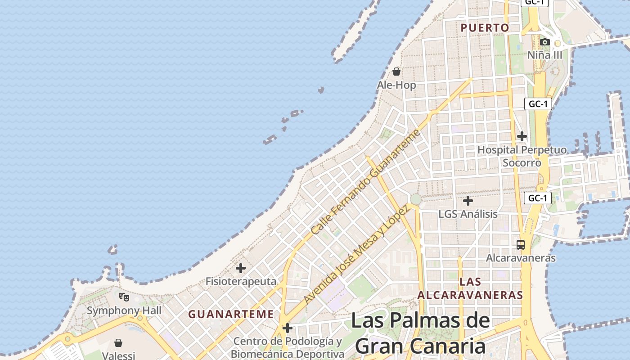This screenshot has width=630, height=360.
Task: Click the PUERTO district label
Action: tap(485, 28)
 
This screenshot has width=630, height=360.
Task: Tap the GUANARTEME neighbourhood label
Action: tap(231, 314)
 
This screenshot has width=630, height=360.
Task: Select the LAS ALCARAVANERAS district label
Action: tap(470, 288)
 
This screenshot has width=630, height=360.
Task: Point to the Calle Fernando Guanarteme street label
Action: tap(365, 182)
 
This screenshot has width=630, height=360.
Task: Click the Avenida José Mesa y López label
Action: tap(356, 254)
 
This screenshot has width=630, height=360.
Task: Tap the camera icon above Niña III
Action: tap(545, 42)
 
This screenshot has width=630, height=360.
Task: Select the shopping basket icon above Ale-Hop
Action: tap(396, 72)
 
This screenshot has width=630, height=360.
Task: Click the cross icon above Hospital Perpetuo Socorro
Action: tap(522, 136)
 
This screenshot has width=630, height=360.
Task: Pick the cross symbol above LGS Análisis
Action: tap(468, 200)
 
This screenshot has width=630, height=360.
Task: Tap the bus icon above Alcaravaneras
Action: tap(521, 245)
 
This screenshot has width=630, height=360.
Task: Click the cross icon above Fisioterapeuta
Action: tap(241, 268)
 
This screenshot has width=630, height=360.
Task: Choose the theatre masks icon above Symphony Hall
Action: tap(124, 297)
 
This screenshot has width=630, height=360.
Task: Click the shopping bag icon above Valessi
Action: tap(118, 343)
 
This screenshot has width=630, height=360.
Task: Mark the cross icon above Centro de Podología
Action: tap(288, 328)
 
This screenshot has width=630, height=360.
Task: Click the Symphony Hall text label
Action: tap(124, 310)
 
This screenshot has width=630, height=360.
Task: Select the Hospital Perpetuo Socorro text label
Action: tap(522, 156)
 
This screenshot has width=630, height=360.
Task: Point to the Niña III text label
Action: tap(545, 55)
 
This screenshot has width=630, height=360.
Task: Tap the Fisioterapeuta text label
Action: tap(241, 281)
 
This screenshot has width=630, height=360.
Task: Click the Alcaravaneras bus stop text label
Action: tap(521, 258)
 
